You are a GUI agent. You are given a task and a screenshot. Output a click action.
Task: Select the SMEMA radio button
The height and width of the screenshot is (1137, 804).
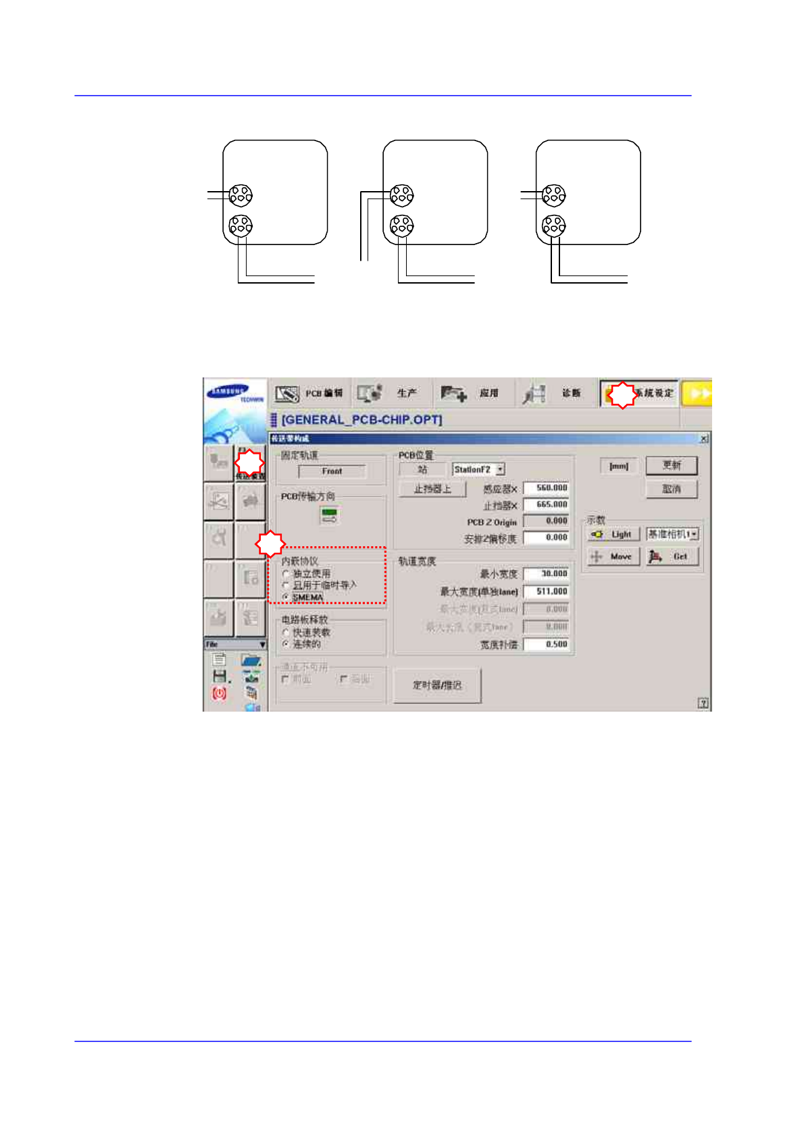coord(286,597)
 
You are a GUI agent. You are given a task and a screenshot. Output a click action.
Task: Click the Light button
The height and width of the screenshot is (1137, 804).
coord(613,534)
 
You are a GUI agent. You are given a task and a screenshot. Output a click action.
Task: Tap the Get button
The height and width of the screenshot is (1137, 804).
coord(672,557)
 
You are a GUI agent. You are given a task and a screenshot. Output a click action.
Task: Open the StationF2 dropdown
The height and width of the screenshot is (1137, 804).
coord(500,469)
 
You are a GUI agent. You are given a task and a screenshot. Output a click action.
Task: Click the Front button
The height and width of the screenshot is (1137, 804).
coord(332,471)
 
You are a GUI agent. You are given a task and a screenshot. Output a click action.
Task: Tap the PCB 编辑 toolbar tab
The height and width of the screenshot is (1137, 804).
coord(309,393)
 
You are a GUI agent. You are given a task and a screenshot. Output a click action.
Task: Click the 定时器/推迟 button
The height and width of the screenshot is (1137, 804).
coord(437,685)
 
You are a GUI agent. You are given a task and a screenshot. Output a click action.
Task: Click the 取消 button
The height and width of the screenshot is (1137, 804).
coord(671,489)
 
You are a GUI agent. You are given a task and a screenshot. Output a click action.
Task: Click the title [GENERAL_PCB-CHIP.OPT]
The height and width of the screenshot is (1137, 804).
coord(361,420)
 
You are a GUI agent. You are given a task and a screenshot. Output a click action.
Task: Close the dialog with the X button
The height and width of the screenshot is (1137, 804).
coord(704,439)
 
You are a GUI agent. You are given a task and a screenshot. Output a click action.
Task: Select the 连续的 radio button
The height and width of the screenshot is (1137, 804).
coord(286,644)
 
